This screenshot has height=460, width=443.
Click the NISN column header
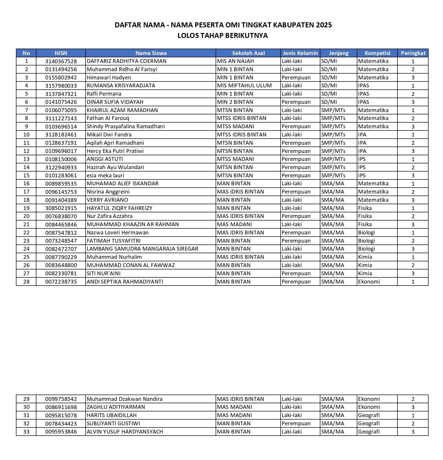point(61,53)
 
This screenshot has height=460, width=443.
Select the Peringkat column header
point(413,53)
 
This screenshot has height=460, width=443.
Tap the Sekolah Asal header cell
point(248,53)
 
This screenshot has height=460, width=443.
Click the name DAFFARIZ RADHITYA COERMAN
point(127,61)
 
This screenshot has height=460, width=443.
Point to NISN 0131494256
point(61,69)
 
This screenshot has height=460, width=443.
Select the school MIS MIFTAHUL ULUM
point(244,86)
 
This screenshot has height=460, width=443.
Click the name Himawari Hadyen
point(109,78)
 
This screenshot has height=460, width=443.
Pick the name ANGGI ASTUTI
point(105,159)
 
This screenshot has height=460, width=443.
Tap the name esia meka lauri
point(106,176)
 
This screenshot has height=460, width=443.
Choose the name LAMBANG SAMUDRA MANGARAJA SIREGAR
point(143,249)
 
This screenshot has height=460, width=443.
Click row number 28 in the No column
point(26,282)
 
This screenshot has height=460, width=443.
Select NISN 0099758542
point(61,399)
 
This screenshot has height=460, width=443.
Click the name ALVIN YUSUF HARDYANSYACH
point(125,432)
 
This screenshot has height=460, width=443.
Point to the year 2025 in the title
point(324,25)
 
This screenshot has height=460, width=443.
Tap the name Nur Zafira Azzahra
point(110,216)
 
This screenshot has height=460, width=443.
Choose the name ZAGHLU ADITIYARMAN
point(116,407)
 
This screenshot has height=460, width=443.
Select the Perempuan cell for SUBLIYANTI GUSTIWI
point(296,424)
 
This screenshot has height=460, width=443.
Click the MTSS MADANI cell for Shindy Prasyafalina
point(236,126)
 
